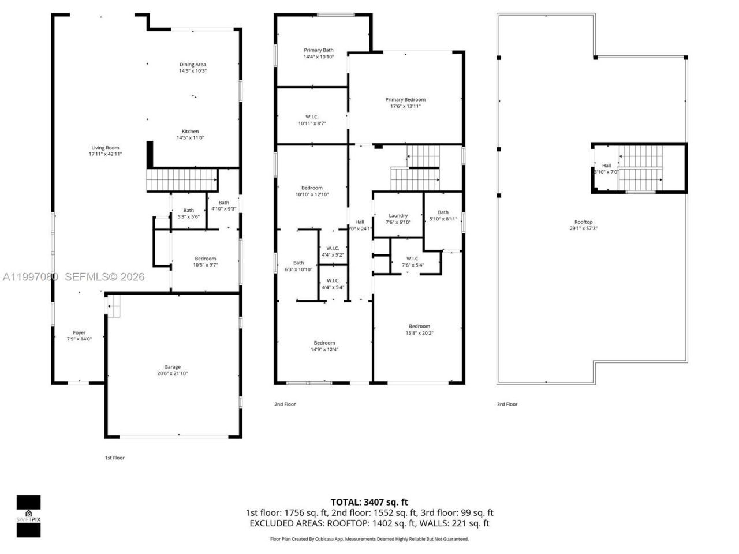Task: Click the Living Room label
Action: (x=105, y=148)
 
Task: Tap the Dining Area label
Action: (x=192, y=65)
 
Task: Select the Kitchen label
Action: (x=190, y=132)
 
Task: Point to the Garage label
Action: (x=172, y=367)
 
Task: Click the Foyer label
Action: (x=79, y=333)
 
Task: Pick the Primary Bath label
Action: (x=318, y=51)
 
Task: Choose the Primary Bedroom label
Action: (x=405, y=100)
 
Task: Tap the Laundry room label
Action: (x=398, y=216)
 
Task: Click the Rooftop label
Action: (x=583, y=222)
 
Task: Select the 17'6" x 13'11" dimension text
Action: (x=405, y=106)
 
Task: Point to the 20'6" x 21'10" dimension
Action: (x=172, y=373)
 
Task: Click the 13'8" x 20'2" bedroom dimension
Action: (x=420, y=333)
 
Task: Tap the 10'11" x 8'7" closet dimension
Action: (x=312, y=123)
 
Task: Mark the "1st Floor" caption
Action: (x=114, y=458)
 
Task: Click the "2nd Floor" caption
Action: (x=285, y=405)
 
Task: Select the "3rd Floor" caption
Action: (x=507, y=405)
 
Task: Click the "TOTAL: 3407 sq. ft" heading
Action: (x=369, y=502)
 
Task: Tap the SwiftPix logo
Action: (x=28, y=516)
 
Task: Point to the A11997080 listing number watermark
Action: (x=30, y=277)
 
